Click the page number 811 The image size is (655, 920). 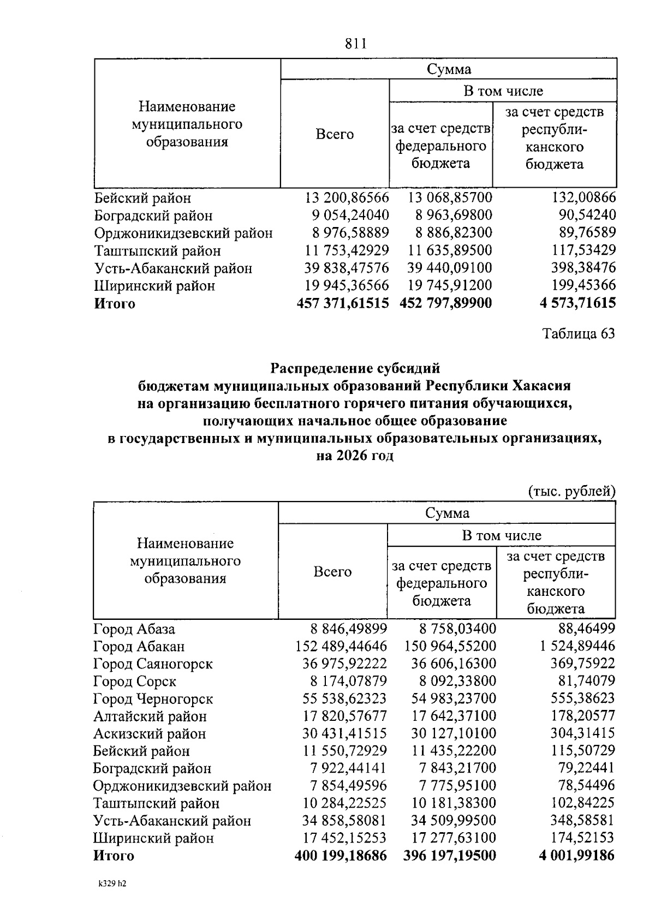[x=355, y=44]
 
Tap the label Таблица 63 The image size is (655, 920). [x=578, y=333]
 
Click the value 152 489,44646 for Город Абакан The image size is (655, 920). [x=341, y=647]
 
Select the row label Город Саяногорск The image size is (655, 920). [x=153, y=664]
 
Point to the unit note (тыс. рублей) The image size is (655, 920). [x=571, y=491]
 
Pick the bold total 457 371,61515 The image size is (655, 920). [x=342, y=303]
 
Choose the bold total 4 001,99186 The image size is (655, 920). [x=576, y=855]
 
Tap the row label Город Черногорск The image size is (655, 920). [x=153, y=699]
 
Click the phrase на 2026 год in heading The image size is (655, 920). [x=355, y=456]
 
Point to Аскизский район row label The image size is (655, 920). [x=150, y=734]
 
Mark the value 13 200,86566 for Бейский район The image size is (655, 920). [x=347, y=198]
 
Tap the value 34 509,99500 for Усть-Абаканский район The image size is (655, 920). [x=450, y=820]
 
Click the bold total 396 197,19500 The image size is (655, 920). [x=450, y=855]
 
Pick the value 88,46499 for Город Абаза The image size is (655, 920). [x=586, y=629]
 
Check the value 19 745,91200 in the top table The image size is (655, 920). [x=450, y=285]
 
